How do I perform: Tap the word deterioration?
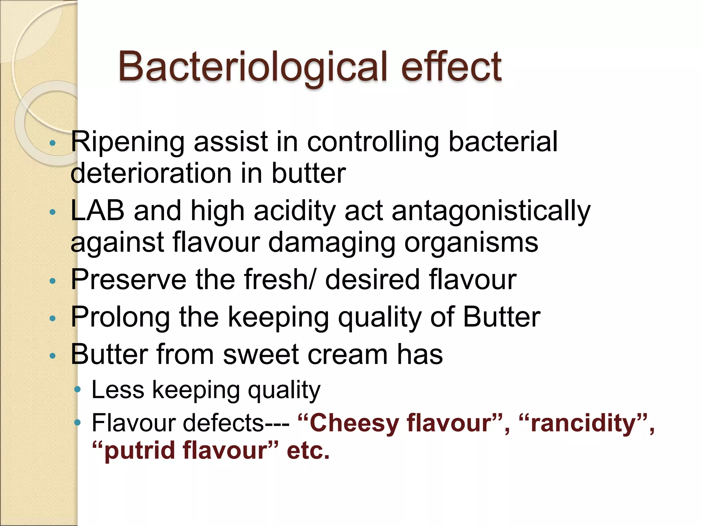(151, 173)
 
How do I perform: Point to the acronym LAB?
(97, 211)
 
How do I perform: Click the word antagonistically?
(491, 211)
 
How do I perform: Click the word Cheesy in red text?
(355, 423)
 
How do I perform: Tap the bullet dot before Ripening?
(52, 143)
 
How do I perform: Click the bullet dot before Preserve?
(52, 281)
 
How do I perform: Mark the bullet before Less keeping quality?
(78, 389)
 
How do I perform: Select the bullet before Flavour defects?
(78, 423)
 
